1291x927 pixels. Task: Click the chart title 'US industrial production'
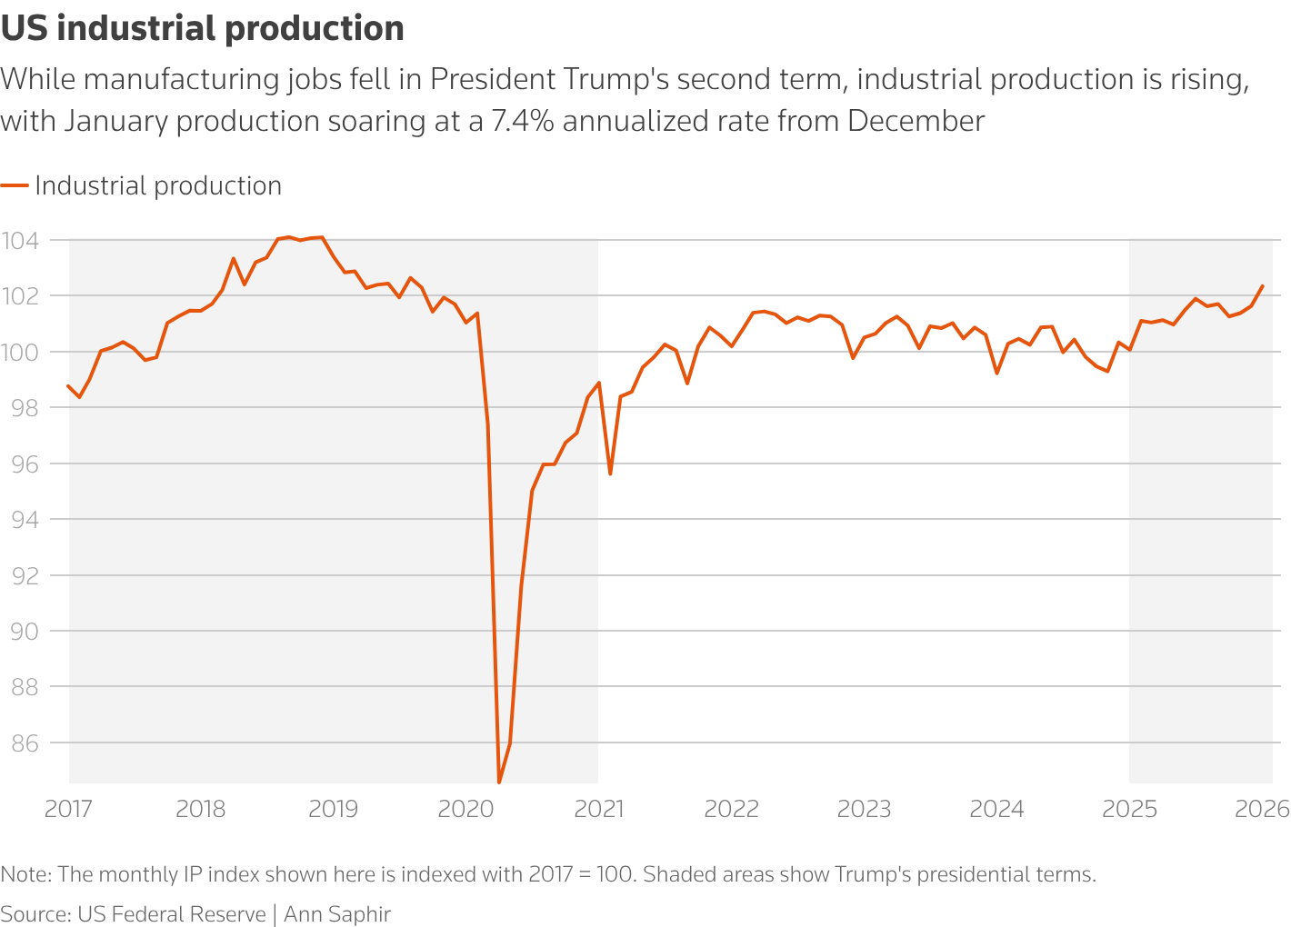point(202,29)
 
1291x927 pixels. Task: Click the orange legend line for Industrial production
point(15,185)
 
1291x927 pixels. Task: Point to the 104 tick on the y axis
point(19,241)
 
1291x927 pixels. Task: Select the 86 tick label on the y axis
point(22,743)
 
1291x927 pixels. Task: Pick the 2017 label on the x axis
point(68,809)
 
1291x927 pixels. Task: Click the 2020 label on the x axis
point(465,809)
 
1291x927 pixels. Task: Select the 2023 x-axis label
point(864,809)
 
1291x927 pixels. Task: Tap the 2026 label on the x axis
point(1262,809)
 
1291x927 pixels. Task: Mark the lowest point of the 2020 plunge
point(499,782)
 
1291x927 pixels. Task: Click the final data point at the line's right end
point(1262,286)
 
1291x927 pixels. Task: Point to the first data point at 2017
point(69,385)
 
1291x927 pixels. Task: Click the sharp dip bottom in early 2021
point(610,473)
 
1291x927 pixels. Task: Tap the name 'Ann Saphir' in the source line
point(337,913)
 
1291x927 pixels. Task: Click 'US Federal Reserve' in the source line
point(172,913)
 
